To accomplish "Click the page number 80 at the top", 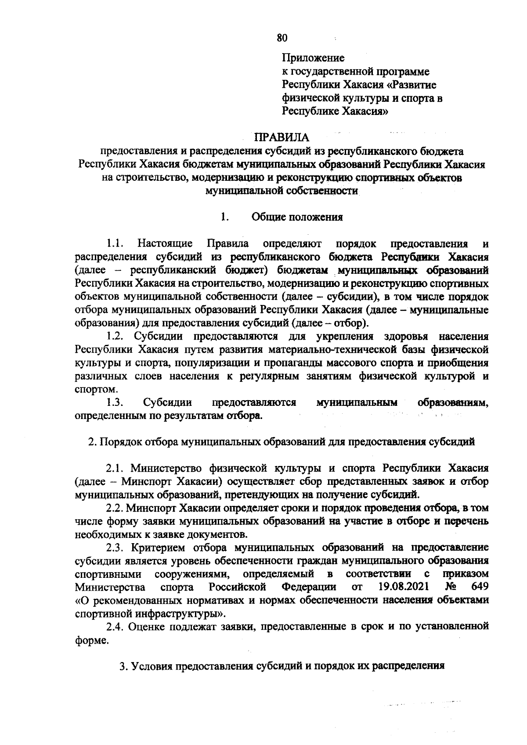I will (x=282, y=38).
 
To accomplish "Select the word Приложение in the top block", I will (x=313, y=58).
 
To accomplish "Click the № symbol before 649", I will (x=451, y=587).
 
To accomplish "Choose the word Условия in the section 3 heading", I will (x=152, y=666).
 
